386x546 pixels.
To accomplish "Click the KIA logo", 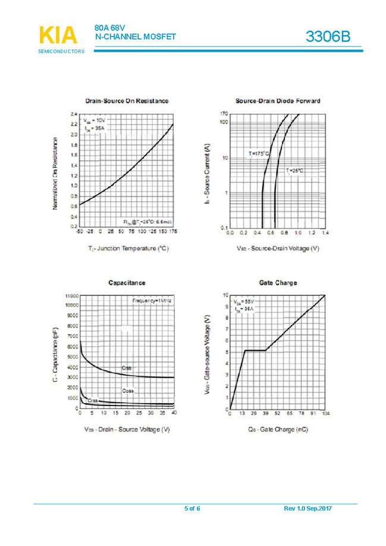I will pos(58,36).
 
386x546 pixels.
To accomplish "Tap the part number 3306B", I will pos(328,37).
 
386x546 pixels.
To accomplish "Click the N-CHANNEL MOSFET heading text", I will pos(136,36).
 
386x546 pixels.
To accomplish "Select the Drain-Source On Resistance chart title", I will pos(127,101).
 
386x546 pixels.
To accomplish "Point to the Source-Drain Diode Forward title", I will pos(278,101).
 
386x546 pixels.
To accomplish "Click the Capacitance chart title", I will pos(127,282).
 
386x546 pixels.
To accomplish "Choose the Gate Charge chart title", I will pos(278,282).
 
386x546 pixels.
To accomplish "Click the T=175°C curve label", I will pos(259,154).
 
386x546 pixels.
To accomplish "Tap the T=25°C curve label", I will pos(294,171).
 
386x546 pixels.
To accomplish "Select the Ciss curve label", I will pos(127,369).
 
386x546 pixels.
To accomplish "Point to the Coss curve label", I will pos(128,391).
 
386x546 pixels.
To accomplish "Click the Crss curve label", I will pos(93,401).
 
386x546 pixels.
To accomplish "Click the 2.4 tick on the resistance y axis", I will pos(74,113).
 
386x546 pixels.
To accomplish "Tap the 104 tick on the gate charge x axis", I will pos(325,413).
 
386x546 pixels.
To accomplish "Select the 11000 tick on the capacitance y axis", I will pos(70,295).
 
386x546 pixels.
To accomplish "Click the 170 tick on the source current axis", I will pos(224,114).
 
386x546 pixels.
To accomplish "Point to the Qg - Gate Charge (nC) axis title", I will pos(278,429).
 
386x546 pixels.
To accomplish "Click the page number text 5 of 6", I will pos(192,508).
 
